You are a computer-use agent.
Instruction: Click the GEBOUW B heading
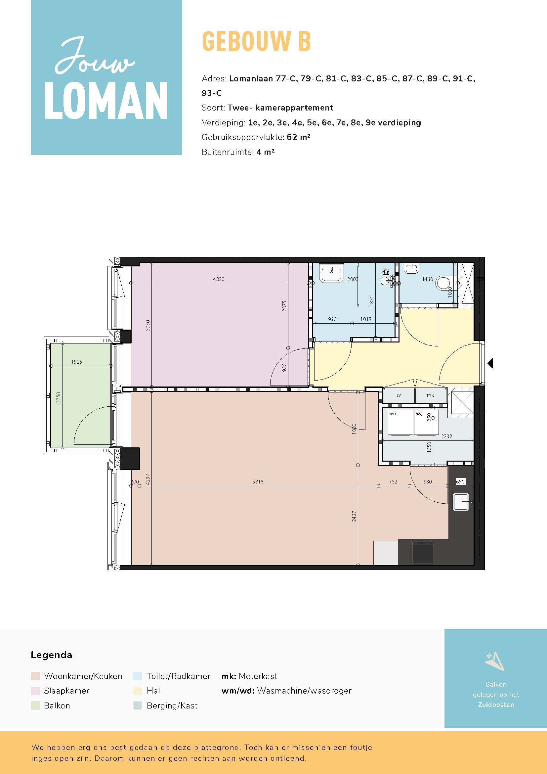(256, 41)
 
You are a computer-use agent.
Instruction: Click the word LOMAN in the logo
(106, 101)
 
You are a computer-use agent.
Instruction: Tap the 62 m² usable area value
(298, 137)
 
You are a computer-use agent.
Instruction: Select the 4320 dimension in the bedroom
(219, 279)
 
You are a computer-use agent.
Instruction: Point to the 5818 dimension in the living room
(258, 482)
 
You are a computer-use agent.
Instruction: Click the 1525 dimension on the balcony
(76, 362)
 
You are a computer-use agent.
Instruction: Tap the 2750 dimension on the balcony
(59, 397)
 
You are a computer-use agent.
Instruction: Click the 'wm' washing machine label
(394, 414)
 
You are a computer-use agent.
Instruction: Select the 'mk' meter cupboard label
(431, 395)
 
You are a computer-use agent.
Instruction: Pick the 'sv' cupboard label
(399, 395)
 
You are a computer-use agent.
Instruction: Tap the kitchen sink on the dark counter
(461, 502)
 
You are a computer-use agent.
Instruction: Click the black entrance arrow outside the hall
(490, 363)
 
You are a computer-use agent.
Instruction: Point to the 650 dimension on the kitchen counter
(460, 482)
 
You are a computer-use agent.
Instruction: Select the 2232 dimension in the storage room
(446, 436)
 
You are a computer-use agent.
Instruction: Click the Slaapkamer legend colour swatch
(35, 691)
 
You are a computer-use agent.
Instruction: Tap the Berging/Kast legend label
(172, 706)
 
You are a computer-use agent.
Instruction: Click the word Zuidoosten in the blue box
(496, 705)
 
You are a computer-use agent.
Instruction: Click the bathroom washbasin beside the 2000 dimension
(332, 272)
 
